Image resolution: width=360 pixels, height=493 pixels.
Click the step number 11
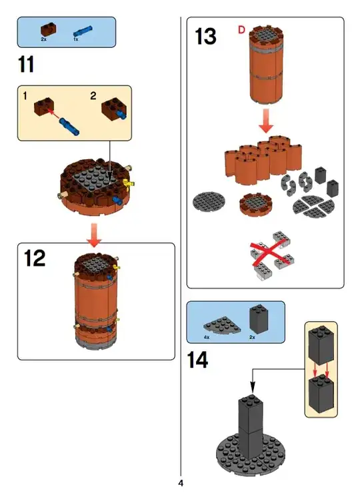click(x=26, y=65)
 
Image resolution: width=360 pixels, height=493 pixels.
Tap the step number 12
click(x=35, y=258)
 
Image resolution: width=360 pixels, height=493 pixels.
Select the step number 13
click(x=205, y=37)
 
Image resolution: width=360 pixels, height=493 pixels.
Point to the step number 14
click(x=197, y=360)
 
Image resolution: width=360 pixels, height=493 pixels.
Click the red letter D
click(x=241, y=30)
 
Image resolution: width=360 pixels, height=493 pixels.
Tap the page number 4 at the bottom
click(x=181, y=483)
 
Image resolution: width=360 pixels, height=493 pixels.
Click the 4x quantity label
click(x=207, y=337)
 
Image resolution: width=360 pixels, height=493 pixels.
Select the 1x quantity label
click(x=75, y=39)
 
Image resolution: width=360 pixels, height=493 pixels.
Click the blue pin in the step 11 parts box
click(x=83, y=31)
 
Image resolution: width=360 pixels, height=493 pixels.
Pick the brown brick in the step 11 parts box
click(x=49, y=29)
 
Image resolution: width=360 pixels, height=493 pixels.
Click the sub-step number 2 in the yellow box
click(x=93, y=95)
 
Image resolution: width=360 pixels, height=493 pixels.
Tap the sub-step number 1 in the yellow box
click(x=25, y=95)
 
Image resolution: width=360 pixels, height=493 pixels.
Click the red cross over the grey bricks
click(x=270, y=255)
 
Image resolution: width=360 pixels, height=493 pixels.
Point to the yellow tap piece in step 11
click(x=128, y=184)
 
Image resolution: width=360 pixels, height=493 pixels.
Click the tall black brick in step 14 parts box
click(x=259, y=319)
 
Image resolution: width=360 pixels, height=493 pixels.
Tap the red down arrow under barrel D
click(x=266, y=121)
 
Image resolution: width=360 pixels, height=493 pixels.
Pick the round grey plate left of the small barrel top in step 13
click(x=209, y=202)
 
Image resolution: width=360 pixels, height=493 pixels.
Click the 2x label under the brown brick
click(x=43, y=39)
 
